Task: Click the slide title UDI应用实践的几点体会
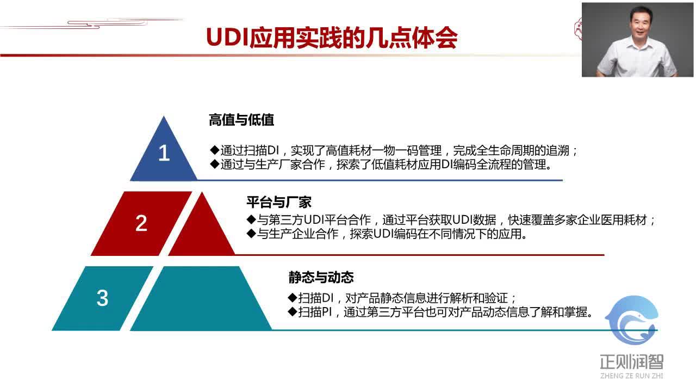coord(332,38)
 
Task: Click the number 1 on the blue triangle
coord(164,154)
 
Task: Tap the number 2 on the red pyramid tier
coord(141,223)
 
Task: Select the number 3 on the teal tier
coord(102,298)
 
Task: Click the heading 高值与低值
coord(241,120)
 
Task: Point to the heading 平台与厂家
coord(278,203)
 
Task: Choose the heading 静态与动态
coord(321,278)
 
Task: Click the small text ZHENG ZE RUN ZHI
coord(631,375)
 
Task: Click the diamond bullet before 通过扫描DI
coord(214,150)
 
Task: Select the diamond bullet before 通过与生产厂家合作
coord(214,164)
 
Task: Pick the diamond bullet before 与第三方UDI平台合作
coord(251,220)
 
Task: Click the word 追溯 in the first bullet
coord(560,151)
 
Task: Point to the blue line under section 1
coord(381,180)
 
